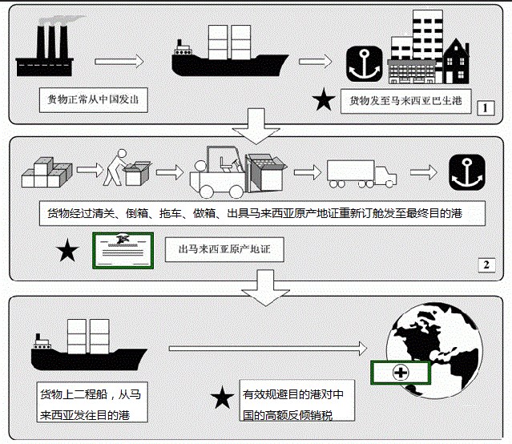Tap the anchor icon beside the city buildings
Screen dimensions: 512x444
(x=364, y=63)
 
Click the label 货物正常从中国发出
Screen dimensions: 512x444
(x=94, y=99)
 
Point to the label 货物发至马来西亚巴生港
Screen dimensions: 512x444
(x=406, y=101)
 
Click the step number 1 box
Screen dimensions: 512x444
(x=486, y=108)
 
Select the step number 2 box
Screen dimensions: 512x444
(x=486, y=265)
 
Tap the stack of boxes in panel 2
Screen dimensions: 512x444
(x=46, y=172)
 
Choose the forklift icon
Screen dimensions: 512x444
(x=238, y=172)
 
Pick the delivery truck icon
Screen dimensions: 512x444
(x=362, y=174)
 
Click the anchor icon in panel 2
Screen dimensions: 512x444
(x=467, y=172)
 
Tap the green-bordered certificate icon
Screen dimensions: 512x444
(x=123, y=251)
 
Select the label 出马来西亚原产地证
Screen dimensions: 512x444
(x=224, y=249)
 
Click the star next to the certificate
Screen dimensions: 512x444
(x=67, y=250)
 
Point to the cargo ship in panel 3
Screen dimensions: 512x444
(x=89, y=345)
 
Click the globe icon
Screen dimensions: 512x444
(x=434, y=351)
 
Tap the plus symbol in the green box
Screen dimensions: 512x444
(x=401, y=373)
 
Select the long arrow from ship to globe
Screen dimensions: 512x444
(x=268, y=349)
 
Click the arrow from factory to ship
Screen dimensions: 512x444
(x=119, y=62)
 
